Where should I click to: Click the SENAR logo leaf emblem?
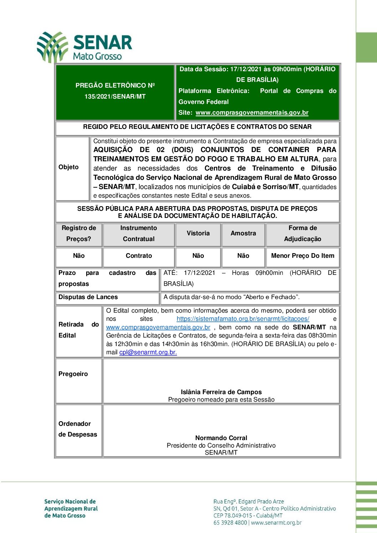click(x=52, y=47)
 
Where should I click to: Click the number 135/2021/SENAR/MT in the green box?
click(x=115, y=96)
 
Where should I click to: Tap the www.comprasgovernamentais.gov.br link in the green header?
click(x=252, y=113)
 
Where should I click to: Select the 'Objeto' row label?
click(x=68, y=167)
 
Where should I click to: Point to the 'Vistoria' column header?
click(x=198, y=234)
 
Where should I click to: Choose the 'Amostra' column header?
click(x=243, y=234)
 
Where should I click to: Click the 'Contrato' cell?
click(x=139, y=256)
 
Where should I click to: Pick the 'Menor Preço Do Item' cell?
click(x=303, y=256)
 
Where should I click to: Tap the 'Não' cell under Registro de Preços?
click(x=79, y=256)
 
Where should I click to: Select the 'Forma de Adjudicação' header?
click(x=303, y=234)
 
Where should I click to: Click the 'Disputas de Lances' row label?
click(x=88, y=297)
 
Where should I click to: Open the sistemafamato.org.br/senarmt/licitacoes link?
click(x=243, y=319)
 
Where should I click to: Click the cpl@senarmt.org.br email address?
click(x=148, y=352)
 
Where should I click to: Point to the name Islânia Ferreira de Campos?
click(x=221, y=392)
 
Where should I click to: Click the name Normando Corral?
click(x=221, y=438)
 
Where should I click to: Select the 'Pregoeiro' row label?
click(x=73, y=374)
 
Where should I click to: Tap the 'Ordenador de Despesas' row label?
click(x=77, y=429)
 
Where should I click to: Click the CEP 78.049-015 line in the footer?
click(x=248, y=516)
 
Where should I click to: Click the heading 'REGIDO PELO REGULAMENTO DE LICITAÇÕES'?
click(x=197, y=127)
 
